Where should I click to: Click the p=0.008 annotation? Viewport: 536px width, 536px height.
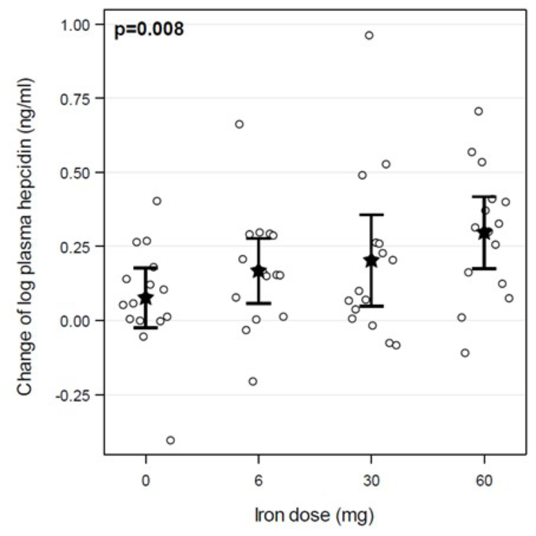tap(149, 29)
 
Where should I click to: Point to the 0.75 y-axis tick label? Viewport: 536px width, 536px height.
tap(75, 98)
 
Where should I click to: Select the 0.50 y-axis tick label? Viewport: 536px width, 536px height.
tap(75, 172)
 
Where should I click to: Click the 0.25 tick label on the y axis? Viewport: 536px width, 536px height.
tap(75, 247)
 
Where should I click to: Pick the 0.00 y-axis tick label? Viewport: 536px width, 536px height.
tap(75, 321)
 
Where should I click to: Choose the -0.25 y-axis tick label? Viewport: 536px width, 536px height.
tap(73, 395)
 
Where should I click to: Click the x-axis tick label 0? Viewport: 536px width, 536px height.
tap(146, 481)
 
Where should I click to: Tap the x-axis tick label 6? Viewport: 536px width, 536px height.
tap(259, 481)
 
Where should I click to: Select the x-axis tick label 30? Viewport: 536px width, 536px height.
tap(371, 481)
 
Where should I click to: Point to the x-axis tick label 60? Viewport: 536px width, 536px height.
tap(484, 481)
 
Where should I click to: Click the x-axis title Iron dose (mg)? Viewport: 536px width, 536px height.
tap(314, 515)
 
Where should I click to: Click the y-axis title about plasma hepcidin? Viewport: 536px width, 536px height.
tap(25, 237)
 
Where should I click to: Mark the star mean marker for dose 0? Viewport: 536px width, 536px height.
tap(146, 298)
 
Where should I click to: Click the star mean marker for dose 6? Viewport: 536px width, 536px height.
tap(259, 271)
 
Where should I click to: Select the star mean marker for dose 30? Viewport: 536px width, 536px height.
tap(371, 261)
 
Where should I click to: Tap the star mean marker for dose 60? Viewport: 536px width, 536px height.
tap(484, 233)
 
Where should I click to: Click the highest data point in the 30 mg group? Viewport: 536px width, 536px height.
tap(369, 35)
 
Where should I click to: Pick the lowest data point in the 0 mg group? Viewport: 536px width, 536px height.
tap(170, 440)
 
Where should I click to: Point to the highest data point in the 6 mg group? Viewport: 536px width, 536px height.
tap(239, 124)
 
